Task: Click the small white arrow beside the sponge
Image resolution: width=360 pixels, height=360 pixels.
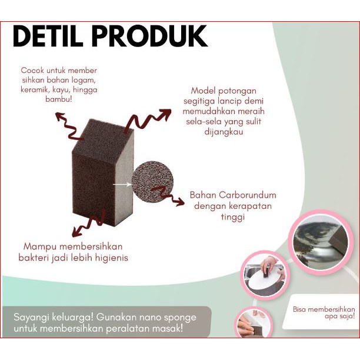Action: pyautogui.click(x=122, y=184)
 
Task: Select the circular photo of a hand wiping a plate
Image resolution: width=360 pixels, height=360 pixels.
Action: pyautogui.click(x=264, y=275)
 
